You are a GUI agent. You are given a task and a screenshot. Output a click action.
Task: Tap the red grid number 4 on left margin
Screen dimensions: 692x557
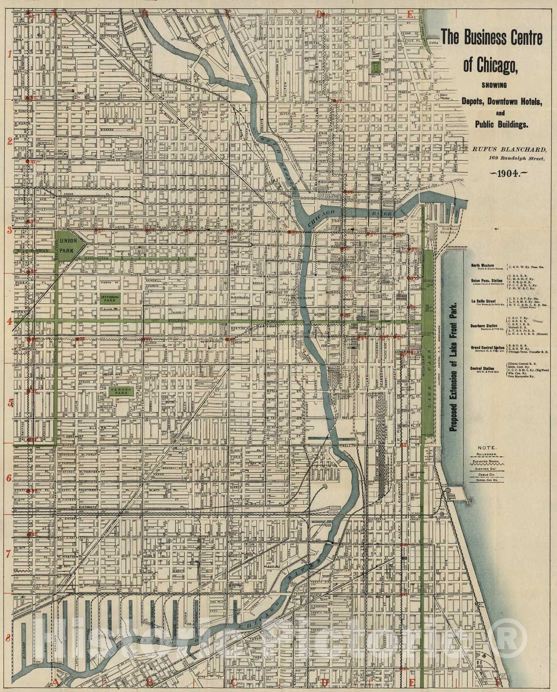click(9, 321)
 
